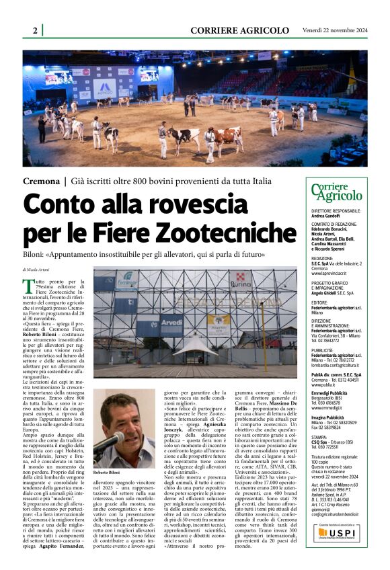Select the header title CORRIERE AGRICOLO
239,30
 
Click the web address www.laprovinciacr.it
331,274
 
